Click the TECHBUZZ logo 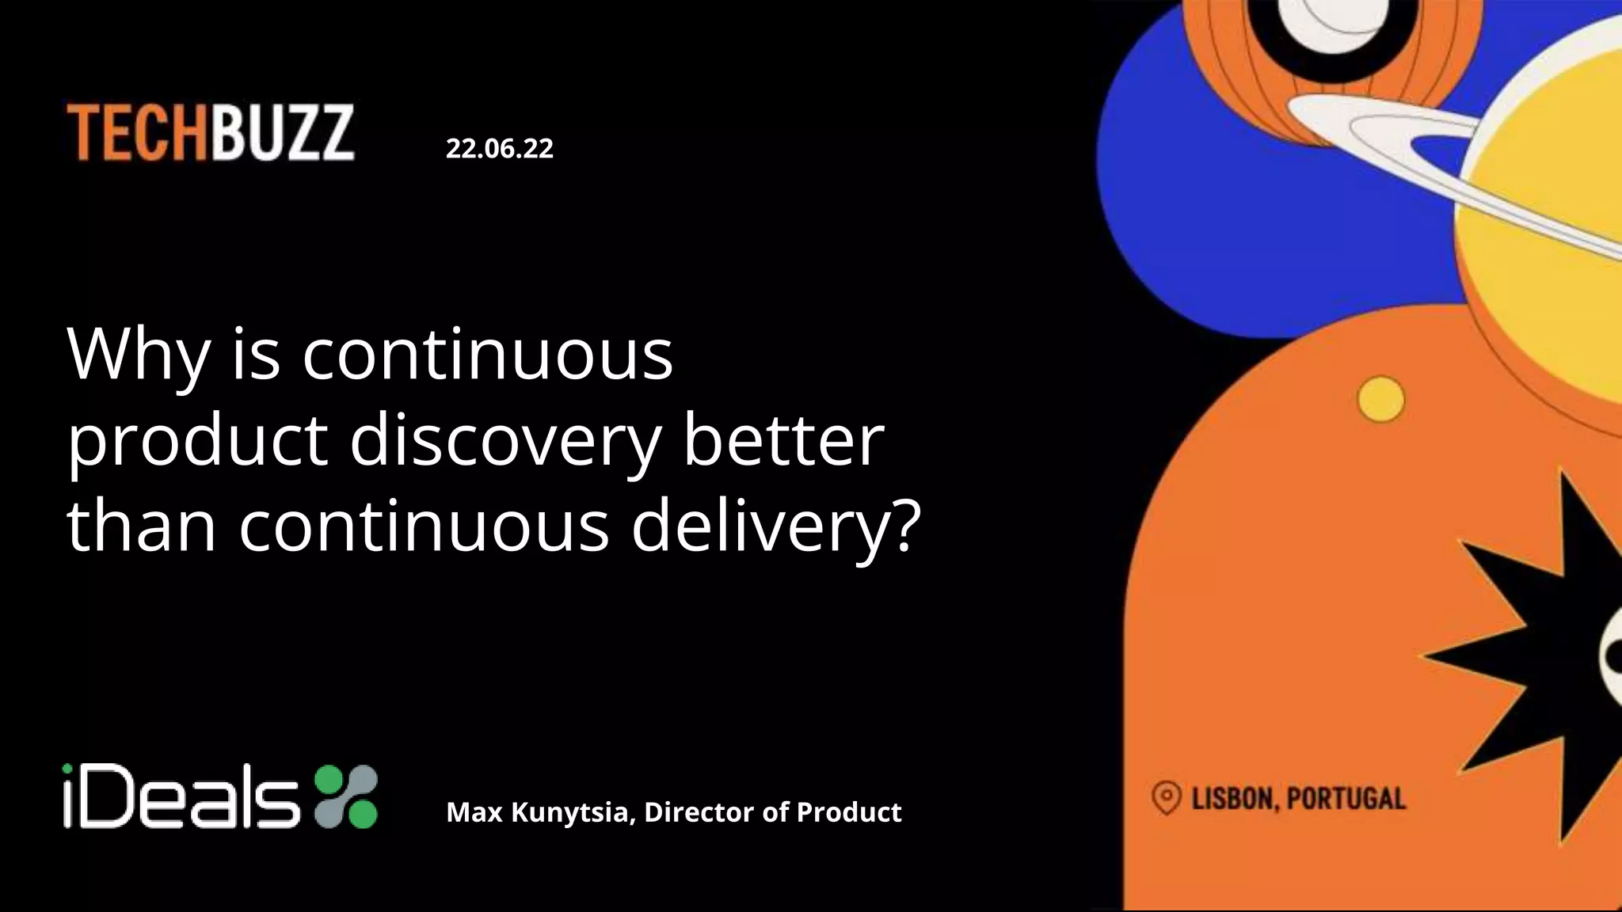click(210, 133)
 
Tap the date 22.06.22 click(499, 148)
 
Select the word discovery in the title click(504, 440)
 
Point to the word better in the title click(782, 440)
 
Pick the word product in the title click(197, 442)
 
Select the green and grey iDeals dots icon click(346, 796)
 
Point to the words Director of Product click(772, 812)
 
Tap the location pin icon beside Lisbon click(1166, 797)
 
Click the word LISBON click(1234, 799)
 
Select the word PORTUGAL click(1346, 799)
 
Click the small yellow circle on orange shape click(1380, 399)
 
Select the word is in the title click(256, 354)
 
